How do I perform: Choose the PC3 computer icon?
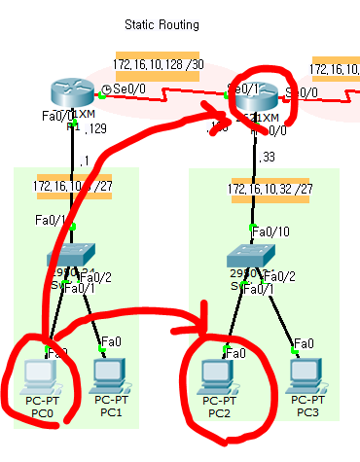coord(306,374)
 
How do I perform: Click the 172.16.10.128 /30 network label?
coord(157,65)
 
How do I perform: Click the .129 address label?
coord(95,129)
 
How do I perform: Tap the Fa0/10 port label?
coord(266,231)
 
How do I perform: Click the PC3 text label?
coord(306,412)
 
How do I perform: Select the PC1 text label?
coord(109,412)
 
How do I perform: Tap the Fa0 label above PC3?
coord(303,342)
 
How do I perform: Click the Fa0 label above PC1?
coord(112,341)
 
